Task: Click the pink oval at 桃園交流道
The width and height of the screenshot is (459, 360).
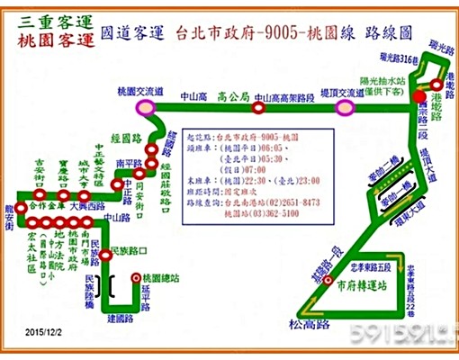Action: [144, 107]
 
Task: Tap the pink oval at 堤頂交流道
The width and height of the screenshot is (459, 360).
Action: [343, 107]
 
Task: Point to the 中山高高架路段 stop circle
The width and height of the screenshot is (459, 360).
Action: [258, 108]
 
